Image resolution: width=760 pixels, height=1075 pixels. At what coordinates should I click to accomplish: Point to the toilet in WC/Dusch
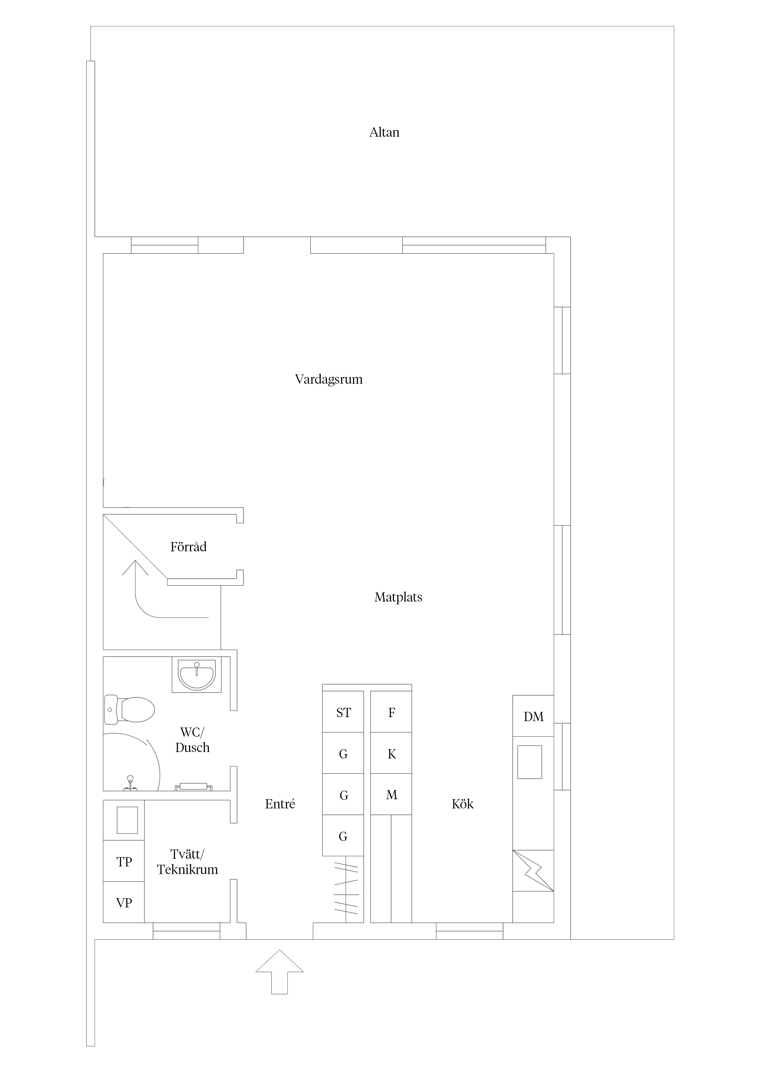[x=129, y=709]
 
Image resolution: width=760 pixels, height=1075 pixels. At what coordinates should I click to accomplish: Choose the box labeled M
[x=391, y=795]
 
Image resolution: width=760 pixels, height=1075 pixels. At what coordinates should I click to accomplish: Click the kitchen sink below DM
[x=530, y=762]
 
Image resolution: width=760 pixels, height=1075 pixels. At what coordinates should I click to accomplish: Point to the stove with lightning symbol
[x=533, y=871]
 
